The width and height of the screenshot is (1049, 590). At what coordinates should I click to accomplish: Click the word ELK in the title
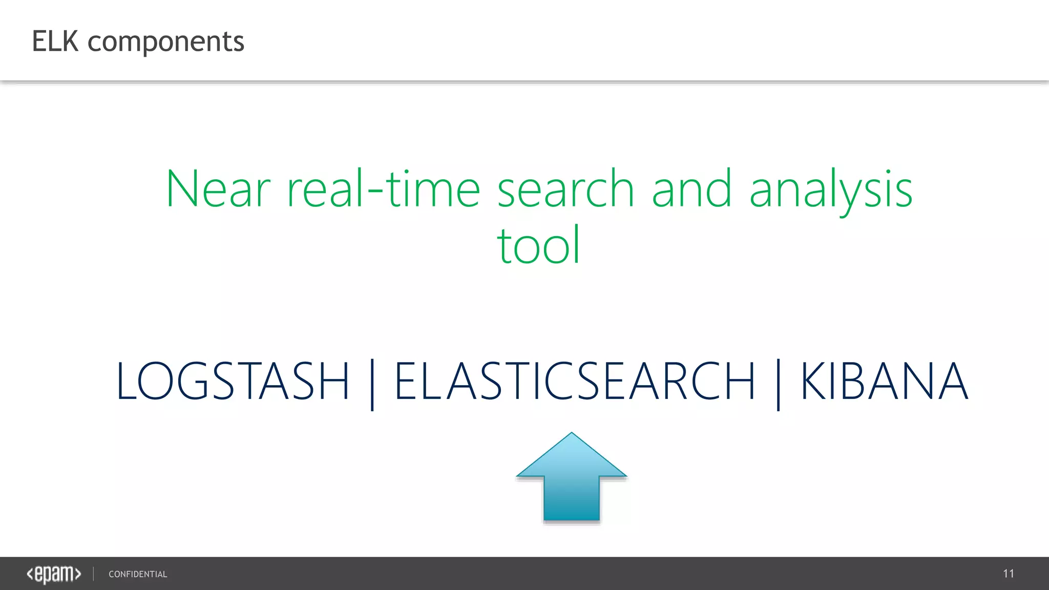[x=55, y=41]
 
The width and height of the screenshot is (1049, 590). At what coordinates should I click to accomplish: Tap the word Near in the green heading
[x=218, y=189]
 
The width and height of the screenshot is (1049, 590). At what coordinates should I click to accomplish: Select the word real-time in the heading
[x=383, y=189]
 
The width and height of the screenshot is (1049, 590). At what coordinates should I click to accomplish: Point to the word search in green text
[x=565, y=189]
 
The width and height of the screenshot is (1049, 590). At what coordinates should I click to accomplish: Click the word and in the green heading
[x=691, y=189]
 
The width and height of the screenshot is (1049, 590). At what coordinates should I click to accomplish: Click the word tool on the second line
[x=538, y=246]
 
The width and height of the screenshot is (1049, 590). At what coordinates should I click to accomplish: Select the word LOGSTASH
[x=233, y=381]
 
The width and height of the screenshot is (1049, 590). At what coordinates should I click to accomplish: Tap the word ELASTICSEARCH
[x=575, y=381]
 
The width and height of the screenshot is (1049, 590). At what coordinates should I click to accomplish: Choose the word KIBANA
[x=884, y=381]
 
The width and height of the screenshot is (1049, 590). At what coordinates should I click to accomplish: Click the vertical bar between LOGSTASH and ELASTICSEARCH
[x=372, y=384]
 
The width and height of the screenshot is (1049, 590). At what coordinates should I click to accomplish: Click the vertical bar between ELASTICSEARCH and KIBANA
[x=778, y=384]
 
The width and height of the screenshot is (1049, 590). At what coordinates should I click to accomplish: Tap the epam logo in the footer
[x=54, y=574]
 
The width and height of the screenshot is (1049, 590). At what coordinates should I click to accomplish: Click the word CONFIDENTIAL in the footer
[x=138, y=574]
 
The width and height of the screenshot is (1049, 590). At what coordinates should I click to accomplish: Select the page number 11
[x=1008, y=574]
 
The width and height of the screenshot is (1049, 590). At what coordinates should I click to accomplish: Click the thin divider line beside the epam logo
[x=94, y=574]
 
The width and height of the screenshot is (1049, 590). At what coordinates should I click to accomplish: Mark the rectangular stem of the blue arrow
[x=572, y=499]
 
